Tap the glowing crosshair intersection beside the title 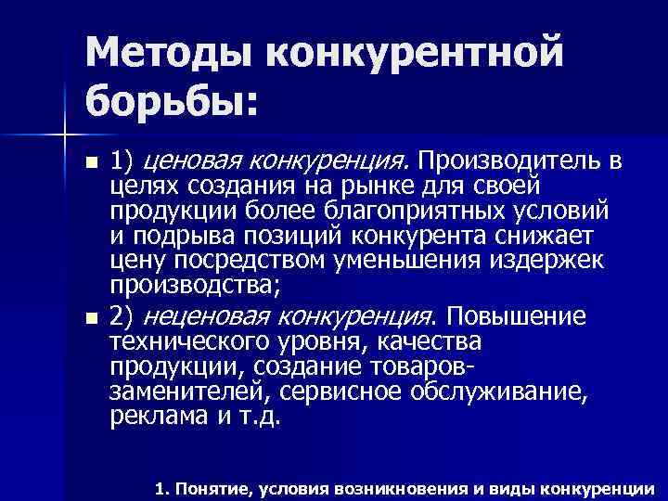click(x=62, y=135)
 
